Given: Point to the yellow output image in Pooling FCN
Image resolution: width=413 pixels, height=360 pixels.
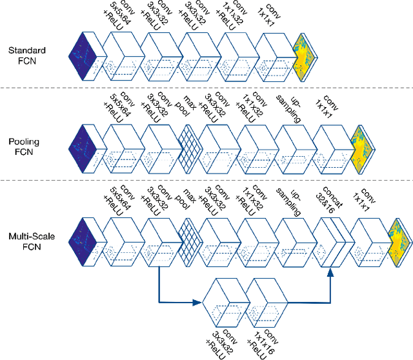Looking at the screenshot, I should coord(361,146).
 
